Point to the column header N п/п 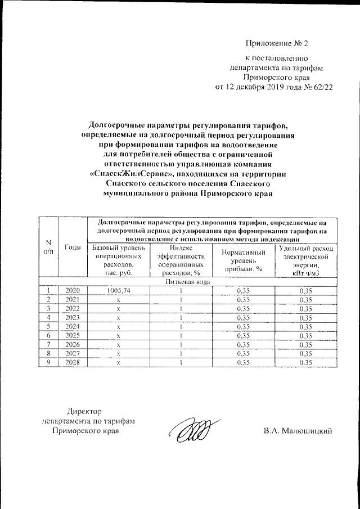point(49,247)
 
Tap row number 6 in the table point(49,335)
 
